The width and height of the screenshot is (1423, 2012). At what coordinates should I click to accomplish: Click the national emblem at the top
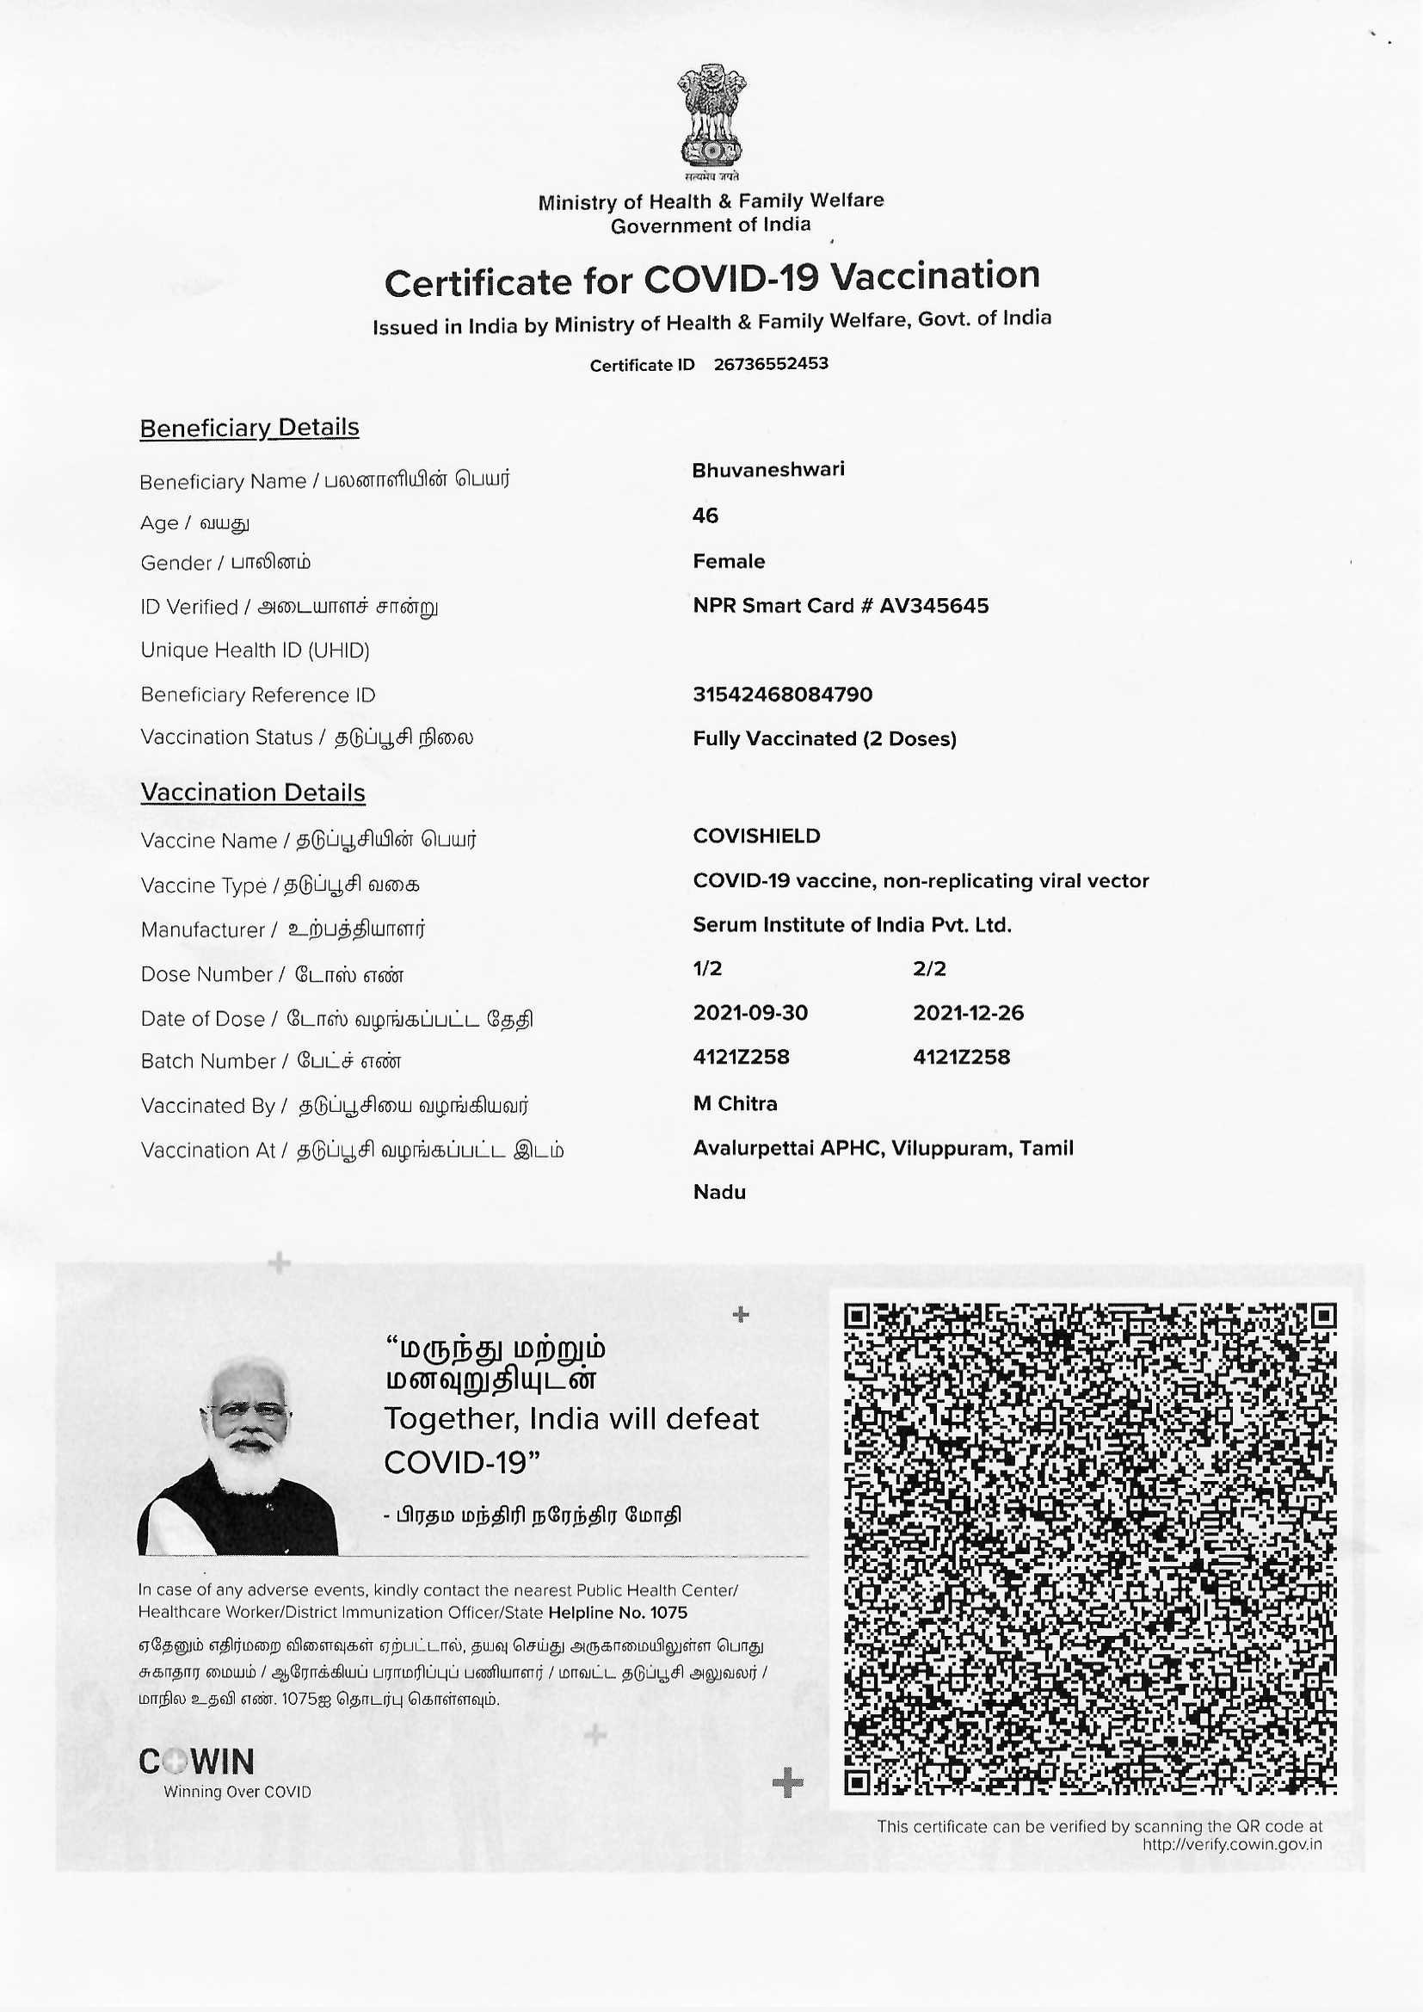tap(711, 117)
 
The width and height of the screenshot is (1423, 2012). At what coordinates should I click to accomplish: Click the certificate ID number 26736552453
tap(770, 364)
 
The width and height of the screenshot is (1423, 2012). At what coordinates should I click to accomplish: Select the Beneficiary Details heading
tap(249, 428)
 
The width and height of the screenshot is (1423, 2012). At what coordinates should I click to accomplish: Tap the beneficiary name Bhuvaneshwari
tap(768, 470)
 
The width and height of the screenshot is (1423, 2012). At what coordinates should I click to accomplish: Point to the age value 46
tap(705, 515)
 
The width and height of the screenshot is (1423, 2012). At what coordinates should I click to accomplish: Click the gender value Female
tap(729, 561)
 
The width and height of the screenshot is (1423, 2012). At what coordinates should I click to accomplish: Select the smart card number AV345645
tap(934, 606)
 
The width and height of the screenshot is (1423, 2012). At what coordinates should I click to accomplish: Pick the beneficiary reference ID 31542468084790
tap(782, 694)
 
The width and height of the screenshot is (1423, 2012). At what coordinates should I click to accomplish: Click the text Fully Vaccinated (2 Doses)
tap(824, 738)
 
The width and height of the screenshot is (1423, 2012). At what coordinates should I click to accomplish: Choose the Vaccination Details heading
tap(253, 793)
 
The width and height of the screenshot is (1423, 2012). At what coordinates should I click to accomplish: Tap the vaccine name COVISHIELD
tap(757, 836)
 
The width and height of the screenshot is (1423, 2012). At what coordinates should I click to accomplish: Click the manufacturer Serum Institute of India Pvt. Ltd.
tap(853, 924)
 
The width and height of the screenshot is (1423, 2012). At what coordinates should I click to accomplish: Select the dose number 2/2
tap(930, 968)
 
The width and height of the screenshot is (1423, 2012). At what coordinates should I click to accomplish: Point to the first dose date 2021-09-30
tap(751, 1013)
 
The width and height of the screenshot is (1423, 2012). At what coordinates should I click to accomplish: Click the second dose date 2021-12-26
tap(968, 1013)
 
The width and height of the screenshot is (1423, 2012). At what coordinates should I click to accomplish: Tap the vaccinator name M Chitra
tap(735, 1103)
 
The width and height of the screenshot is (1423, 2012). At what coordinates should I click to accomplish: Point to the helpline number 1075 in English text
tap(669, 1613)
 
